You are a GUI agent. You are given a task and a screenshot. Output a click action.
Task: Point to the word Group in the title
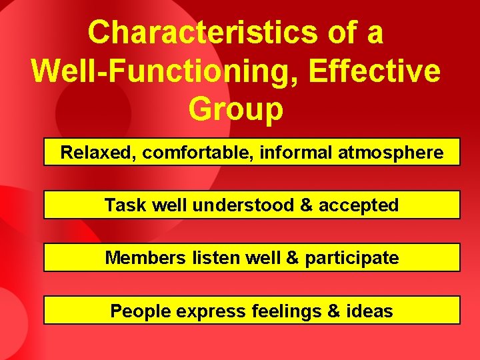coord(236,109)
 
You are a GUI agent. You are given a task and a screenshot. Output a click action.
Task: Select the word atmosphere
coord(391,153)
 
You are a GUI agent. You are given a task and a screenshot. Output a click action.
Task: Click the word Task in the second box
coord(125,205)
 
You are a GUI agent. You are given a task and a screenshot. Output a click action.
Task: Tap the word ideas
coord(373,311)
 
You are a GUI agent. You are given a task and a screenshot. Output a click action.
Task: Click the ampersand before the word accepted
coord(306,205)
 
